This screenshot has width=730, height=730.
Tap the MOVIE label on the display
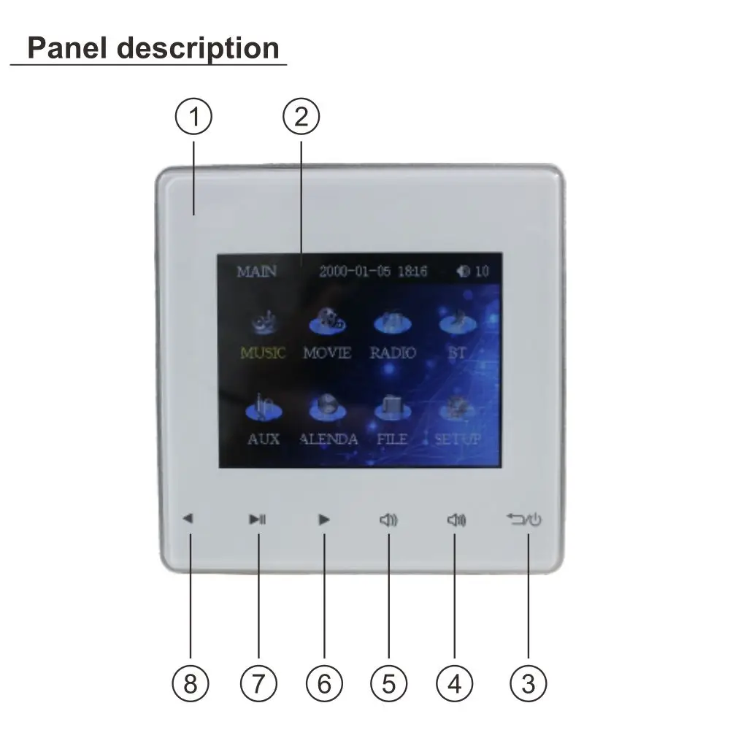pyautogui.click(x=327, y=353)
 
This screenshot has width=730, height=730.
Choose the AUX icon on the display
pyautogui.click(x=263, y=407)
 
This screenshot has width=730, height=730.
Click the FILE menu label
pyautogui.click(x=392, y=439)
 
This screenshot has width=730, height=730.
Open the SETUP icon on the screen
pyautogui.click(x=458, y=407)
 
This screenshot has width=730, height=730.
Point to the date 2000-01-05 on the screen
pyautogui.click(x=356, y=272)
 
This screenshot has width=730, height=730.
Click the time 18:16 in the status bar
pyautogui.click(x=412, y=272)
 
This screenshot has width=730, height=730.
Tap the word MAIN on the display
pyautogui.click(x=257, y=272)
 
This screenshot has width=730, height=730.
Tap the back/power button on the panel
pyautogui.click(x=524, y=520)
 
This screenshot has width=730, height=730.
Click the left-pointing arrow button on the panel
pyautogui.click(x=188, y=520)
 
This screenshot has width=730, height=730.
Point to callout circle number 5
pyautogui.click(x=388, y=684)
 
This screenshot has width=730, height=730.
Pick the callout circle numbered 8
pyautogui.click(x=191, y=684)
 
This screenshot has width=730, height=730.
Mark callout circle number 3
pyautogui.click(x=528, y=684)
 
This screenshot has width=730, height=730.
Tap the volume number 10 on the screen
pyautogui.click(x=482, y=272)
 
